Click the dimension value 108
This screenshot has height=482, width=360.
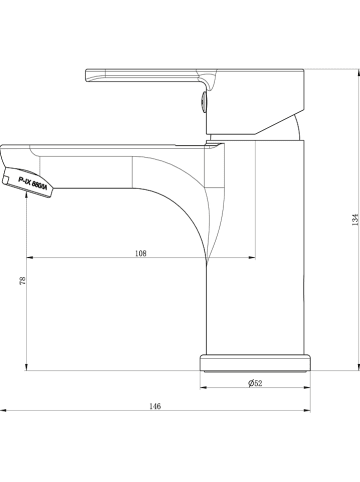click(x=141, y=253)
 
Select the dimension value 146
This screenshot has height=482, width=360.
click(x=155, y=406)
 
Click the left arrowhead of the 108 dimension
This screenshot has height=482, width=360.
click(x=30, y=258)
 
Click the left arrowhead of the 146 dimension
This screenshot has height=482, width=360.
click(x=4, y=412)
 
